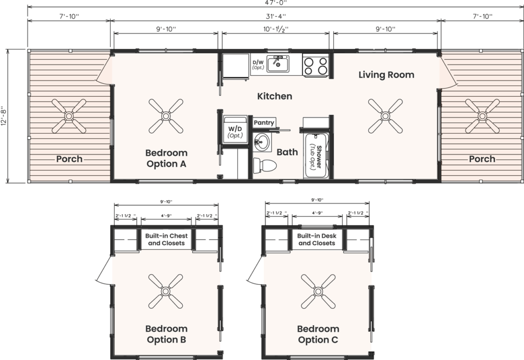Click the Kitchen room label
[275, 96]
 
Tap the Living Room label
[386, 75]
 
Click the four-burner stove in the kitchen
[316, 65]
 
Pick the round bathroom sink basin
[261, 142]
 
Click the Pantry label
[264, 123]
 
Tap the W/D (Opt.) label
[235, 132]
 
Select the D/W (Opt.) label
[258, 65]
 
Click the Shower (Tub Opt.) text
[316, 157]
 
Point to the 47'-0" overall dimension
[276, 3]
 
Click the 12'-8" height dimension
[4, 116]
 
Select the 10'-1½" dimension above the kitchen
[276, 29]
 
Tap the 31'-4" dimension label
[276, 16]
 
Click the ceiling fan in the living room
[385, 116]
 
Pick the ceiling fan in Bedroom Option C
[318, 291]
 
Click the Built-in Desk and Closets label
[317, 240]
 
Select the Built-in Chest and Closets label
[166, 240]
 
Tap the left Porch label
[69, 159]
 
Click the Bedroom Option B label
[166, 334]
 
